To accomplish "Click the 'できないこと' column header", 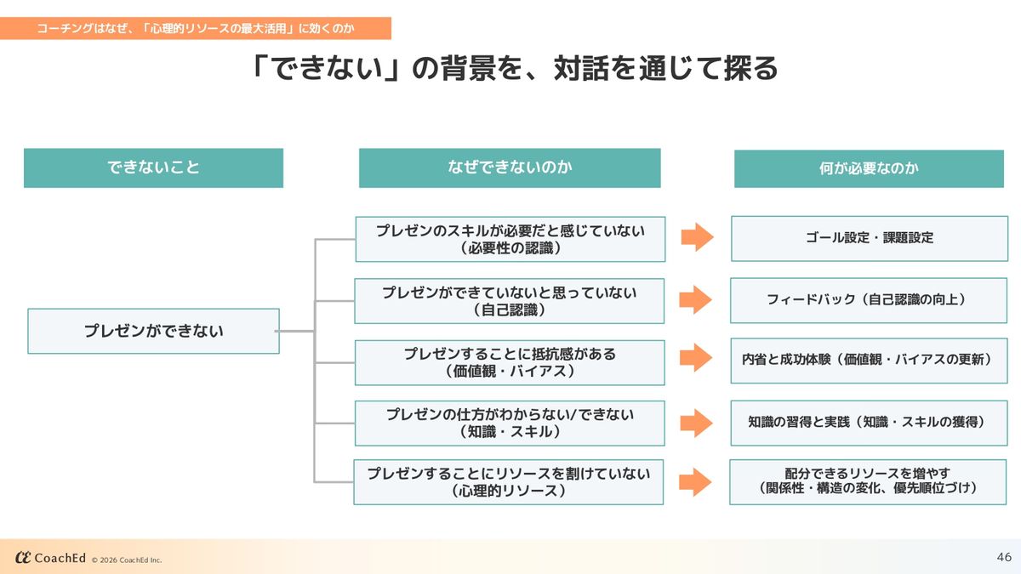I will [x=153, y=168].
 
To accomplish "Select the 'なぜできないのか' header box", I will [x=510, y=168].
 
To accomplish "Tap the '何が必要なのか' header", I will [x=869, y=168].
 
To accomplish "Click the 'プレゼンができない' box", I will [x=153, y=331].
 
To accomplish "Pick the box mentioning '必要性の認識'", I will [x=510, y=239].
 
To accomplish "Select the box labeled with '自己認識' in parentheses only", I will [x=509, y=301].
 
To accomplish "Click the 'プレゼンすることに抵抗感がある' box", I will [x=509, y=362].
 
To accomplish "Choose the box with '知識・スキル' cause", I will [x=509, y=423].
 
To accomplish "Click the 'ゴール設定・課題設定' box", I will [x=869, y=238].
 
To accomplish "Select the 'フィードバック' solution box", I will [x=868, y=300].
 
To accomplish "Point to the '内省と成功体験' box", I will [x=868, y=361].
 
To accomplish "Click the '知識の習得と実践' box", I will [x=868, y=422].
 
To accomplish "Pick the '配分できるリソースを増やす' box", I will [x=868, y=481].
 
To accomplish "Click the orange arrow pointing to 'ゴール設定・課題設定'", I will [x=697, y=237].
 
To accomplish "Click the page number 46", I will [x=1004, y=558].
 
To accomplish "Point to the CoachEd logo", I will [x=51, y=558].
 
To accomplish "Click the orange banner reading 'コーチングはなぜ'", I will [x=196, y=28].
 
